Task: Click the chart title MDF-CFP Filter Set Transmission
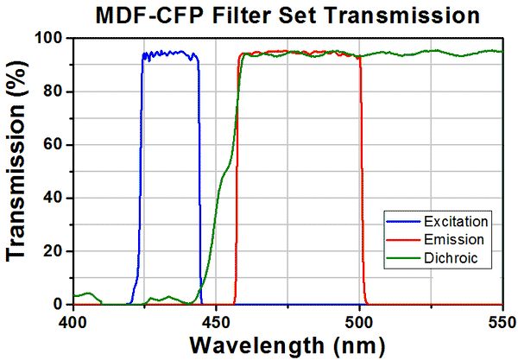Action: coord(287,15)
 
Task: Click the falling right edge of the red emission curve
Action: coord(361,173)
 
